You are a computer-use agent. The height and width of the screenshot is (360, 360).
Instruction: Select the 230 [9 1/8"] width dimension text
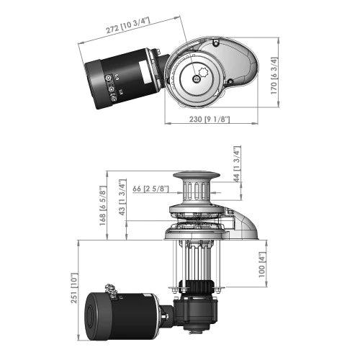207,118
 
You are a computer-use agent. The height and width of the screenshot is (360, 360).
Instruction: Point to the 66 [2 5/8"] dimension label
151,189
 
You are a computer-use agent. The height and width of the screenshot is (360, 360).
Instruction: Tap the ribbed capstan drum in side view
195,192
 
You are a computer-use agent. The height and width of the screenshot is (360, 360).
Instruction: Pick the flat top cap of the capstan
195,176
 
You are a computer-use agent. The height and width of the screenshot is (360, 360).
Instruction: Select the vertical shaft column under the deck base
195,263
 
